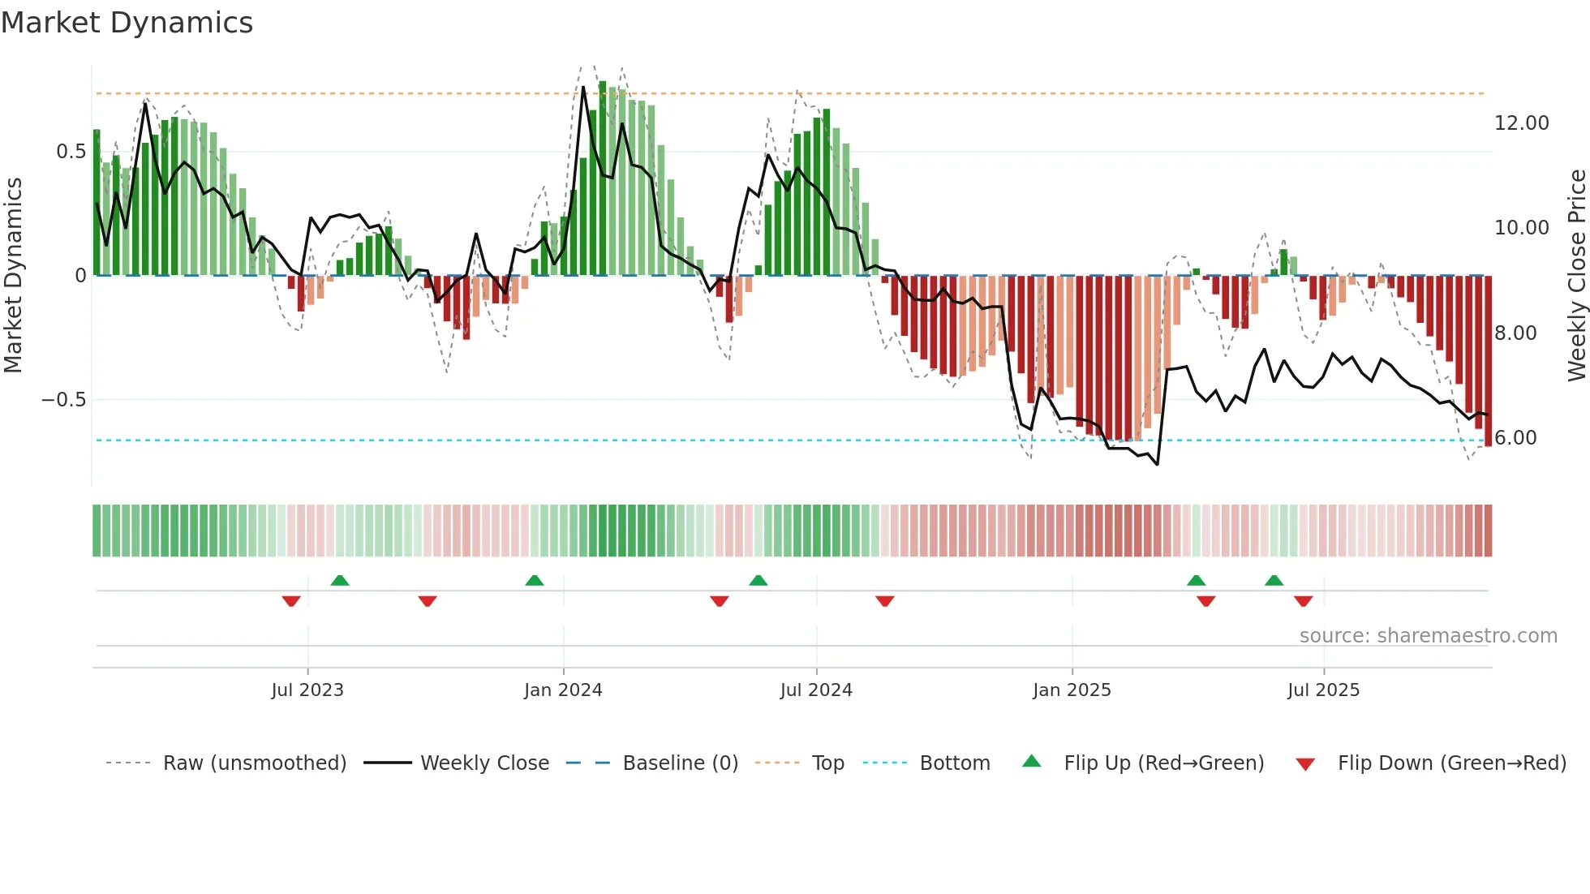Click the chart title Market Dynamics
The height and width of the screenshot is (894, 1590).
[127, 23]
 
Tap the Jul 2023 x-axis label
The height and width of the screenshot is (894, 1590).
[307, 690]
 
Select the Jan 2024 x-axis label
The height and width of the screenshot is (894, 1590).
[563, 690]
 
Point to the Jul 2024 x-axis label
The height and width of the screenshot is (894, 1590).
[816, 690]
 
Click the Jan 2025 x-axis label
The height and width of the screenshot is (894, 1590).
[1072, 690]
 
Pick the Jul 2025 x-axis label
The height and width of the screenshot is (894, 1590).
[1323, 690]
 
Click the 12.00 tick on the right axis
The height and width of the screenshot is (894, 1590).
[1521, 123]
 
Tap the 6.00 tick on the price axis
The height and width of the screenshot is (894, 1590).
[1515, 438]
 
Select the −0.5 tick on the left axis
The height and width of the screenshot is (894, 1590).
[63, 400]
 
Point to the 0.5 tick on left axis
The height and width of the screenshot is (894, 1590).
[71, 152]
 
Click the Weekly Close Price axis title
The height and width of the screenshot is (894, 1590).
[1576, 276]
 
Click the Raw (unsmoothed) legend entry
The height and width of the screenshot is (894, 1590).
[254, 763]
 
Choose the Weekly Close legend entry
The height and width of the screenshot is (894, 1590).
[484, 763]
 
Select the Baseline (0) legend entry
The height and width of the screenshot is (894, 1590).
[680, 763]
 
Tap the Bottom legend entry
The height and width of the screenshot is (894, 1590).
[954, 763]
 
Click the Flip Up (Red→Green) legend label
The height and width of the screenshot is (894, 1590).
[1163, 763]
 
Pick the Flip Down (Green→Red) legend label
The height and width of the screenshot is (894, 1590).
[1451, 763]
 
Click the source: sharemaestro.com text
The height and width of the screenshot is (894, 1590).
[1428, 636]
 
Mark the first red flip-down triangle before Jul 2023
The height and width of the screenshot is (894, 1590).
[291, 601]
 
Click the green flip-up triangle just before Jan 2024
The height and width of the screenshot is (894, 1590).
[534, 581]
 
